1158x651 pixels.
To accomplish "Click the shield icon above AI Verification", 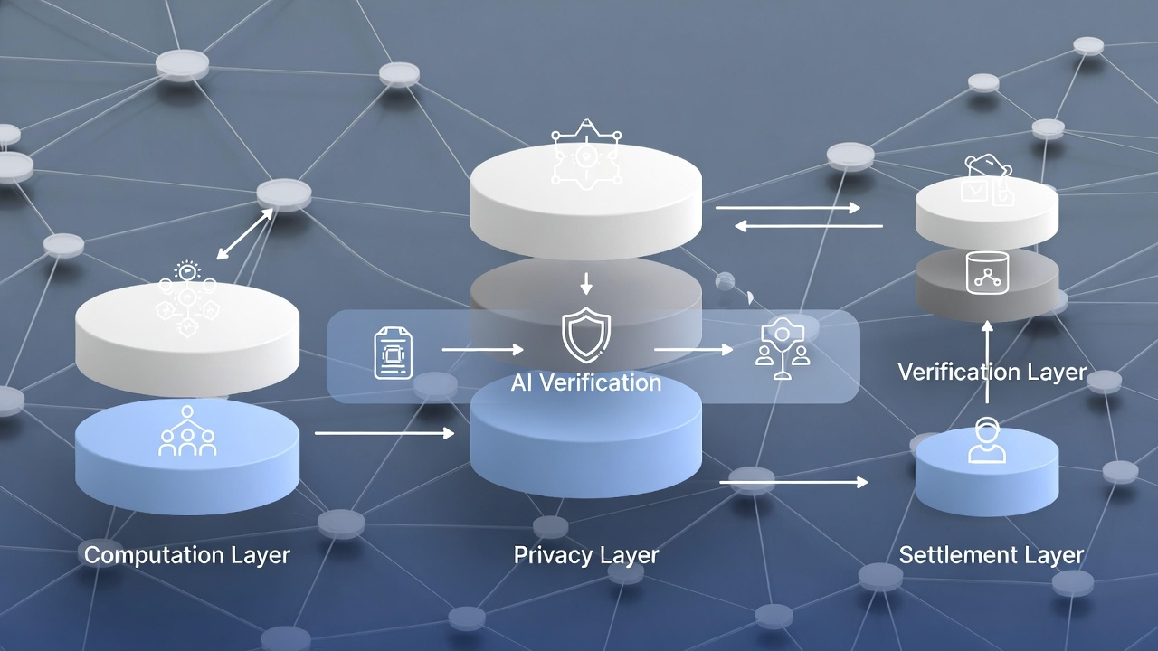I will click(586, 335).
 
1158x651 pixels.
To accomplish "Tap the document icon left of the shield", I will click(394, 352).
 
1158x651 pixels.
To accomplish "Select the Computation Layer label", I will click(187, 554).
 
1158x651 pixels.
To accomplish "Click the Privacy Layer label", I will click(586, 554).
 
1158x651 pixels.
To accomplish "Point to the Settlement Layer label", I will click(992, 554).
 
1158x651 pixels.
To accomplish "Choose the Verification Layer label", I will click(992, 372).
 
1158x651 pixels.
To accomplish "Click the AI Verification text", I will click(586, 382).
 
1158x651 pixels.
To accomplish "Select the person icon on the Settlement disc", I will click(986, 441).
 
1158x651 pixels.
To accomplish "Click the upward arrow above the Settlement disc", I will click(986, 362).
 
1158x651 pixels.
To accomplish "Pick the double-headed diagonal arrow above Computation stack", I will click(245, 234).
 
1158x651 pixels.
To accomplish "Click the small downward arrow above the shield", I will click(586, 284).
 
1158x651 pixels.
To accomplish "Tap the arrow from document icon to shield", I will click(482, 349).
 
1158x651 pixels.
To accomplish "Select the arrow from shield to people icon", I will click(693, 349).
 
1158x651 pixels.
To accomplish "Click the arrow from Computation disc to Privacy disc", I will click(384, 434).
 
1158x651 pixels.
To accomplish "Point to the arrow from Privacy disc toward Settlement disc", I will click(793, 483).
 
